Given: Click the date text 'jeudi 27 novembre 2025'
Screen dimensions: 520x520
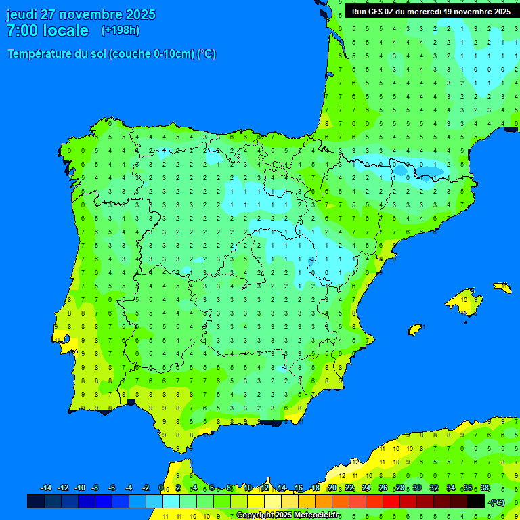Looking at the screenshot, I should point(81,14).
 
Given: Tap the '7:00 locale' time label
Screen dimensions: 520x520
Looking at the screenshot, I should point(47,30).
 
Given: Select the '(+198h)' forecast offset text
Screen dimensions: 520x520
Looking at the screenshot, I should point(120,30).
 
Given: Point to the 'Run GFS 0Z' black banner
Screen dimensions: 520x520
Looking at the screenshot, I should point(431,11).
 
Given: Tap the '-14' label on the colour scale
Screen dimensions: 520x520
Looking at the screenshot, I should point(46,488).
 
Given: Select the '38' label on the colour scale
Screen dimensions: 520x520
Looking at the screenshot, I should point(484,488).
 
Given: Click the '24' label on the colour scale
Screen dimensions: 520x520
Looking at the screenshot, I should point(366,488).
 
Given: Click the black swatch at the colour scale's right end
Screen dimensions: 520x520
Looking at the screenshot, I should point(476,501).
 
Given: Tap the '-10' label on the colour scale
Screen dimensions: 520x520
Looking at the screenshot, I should point(79,488).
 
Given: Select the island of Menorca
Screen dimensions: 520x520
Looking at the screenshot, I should point(502,288).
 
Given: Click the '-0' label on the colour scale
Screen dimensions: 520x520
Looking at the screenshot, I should point(161,488).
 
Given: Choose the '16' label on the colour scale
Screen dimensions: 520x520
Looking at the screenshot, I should point(299,488).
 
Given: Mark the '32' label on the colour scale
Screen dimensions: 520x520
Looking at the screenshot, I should point(434,488).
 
